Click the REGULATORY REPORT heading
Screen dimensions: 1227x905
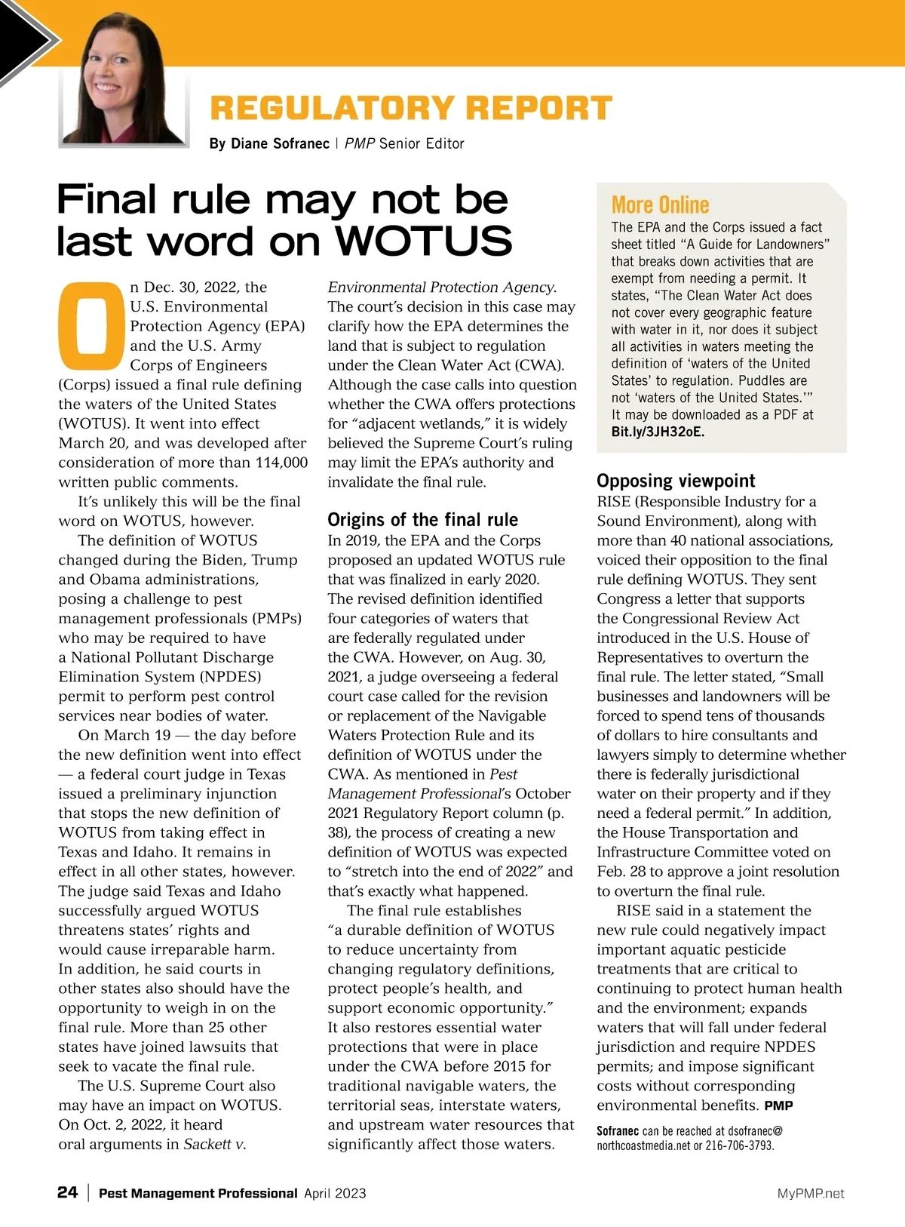410,108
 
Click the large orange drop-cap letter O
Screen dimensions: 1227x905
90,321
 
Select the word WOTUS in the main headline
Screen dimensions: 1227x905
423,241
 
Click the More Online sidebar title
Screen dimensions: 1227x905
660,204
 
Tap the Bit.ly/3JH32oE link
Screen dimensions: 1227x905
658,432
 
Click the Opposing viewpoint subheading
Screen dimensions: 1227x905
676,481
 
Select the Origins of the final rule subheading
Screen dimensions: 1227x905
422,519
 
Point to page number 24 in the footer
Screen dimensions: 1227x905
67,1192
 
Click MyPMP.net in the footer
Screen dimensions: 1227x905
811,1193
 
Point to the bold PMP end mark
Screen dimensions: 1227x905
778,1106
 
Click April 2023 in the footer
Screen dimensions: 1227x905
335,1193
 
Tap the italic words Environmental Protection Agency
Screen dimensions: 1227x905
442,288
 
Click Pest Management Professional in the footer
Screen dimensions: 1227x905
198,1193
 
